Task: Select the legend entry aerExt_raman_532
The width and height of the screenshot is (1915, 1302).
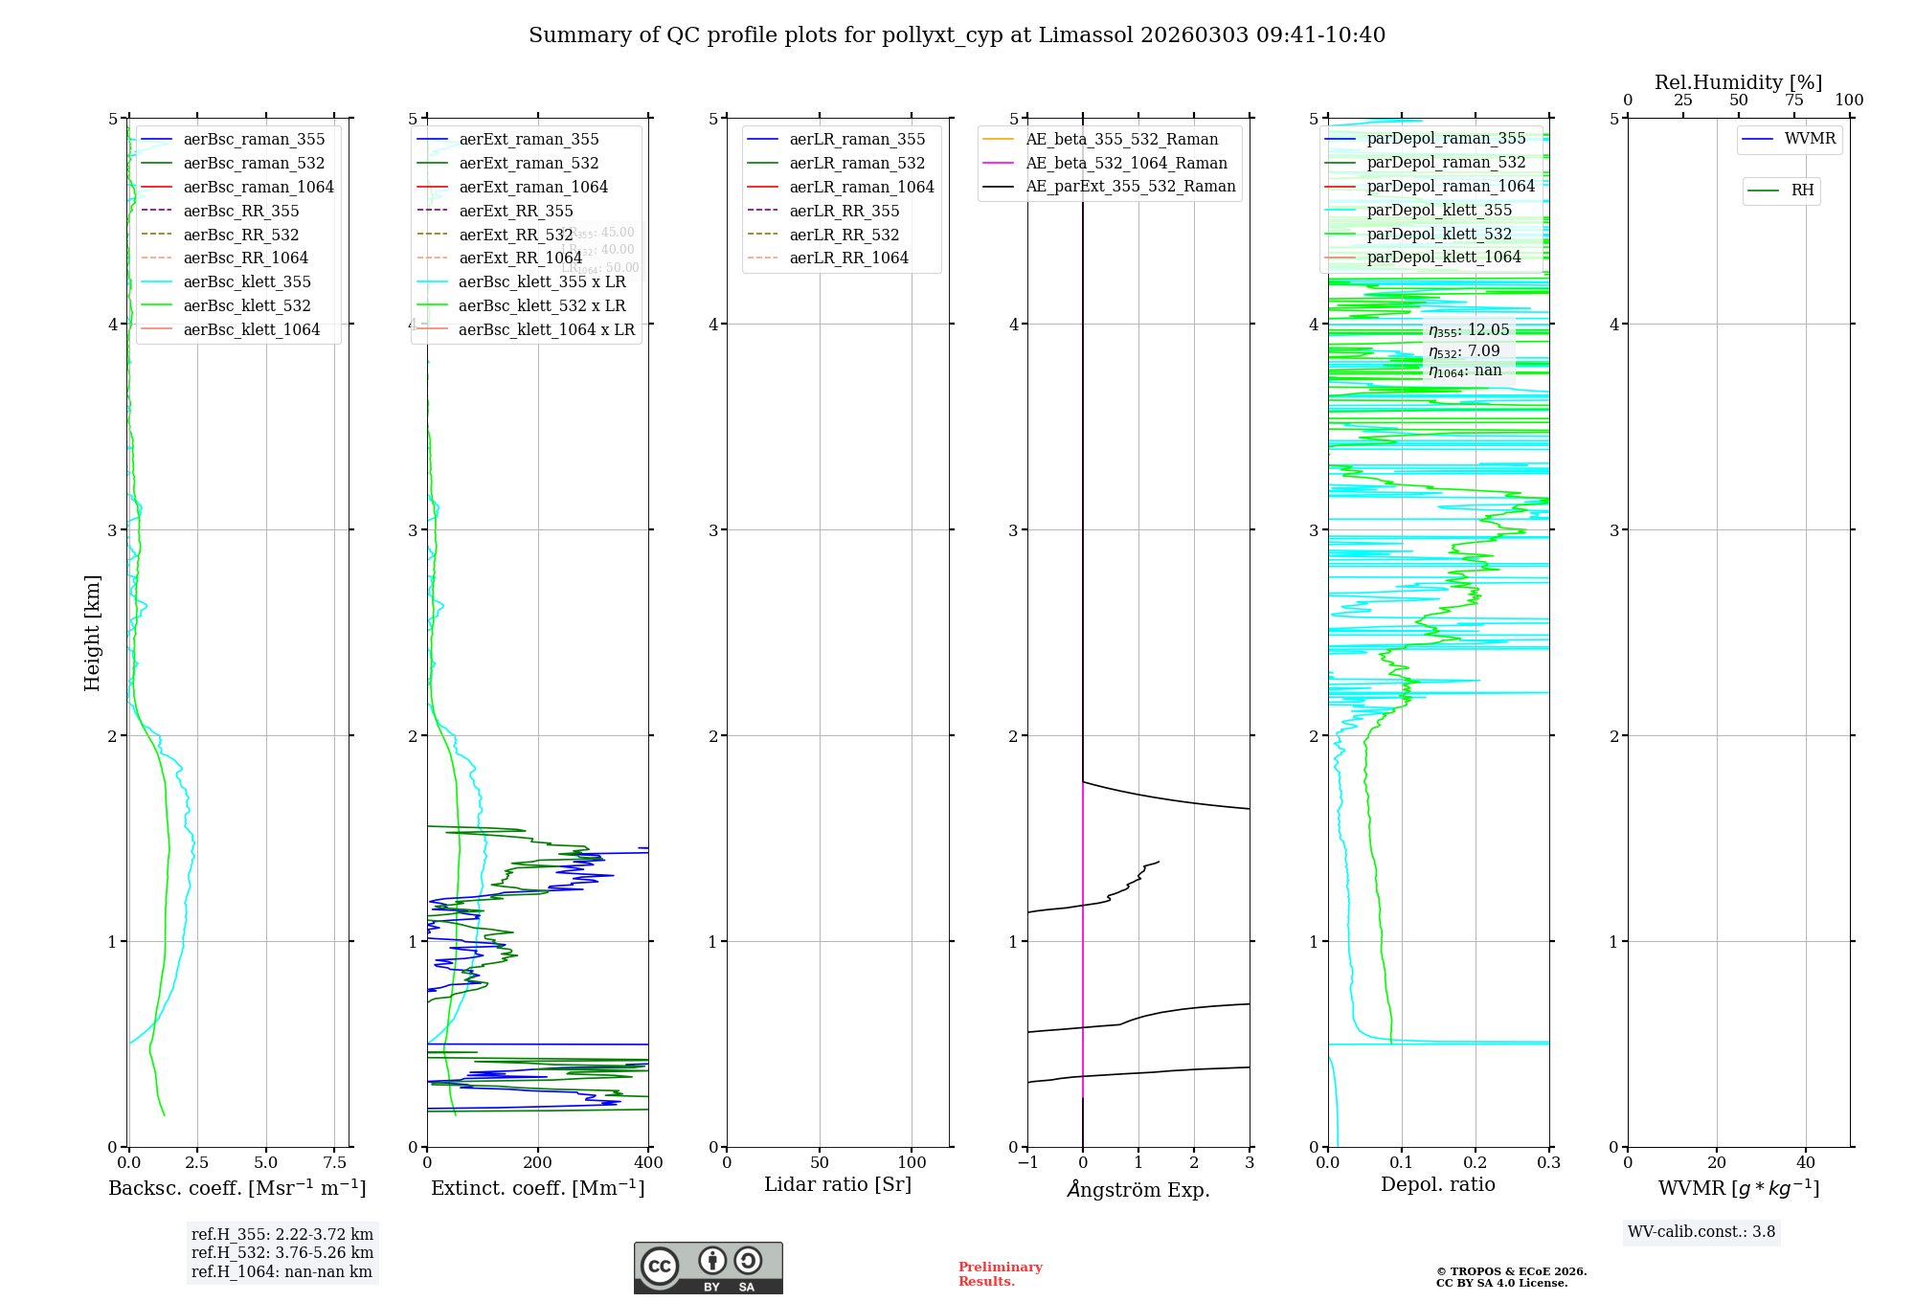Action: point(529,163)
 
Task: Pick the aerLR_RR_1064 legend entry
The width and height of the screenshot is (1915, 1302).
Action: point(848,258)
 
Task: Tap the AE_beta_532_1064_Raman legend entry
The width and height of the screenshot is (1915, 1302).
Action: point(1126,163)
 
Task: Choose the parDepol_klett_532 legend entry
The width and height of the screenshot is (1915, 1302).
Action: point(1439,234)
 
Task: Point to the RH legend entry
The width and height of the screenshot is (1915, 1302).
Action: point(1802,191)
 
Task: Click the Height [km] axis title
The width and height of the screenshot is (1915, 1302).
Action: point(92,632)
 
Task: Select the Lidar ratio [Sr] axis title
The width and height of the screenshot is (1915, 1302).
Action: point(838,1184)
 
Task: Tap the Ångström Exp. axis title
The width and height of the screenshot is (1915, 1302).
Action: point(1138,1189)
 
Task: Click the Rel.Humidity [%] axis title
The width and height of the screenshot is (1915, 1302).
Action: point(1738,82)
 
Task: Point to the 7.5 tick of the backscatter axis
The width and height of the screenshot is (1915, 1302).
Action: point(334,1162)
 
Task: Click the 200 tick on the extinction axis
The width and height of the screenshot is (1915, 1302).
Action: point(538,1162)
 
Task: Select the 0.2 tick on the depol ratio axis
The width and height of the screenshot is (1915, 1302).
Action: point(1476,1162)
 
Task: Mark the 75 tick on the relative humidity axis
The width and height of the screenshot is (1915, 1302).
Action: point(1793,101)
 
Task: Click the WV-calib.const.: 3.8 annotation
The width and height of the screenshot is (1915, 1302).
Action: point(1701,1232)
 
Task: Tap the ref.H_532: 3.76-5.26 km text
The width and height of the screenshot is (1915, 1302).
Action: point(282,1252)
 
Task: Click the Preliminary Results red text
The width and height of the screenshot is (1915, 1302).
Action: point(1000,1274)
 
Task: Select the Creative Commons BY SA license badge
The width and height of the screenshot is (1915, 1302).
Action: point(708,1268)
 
